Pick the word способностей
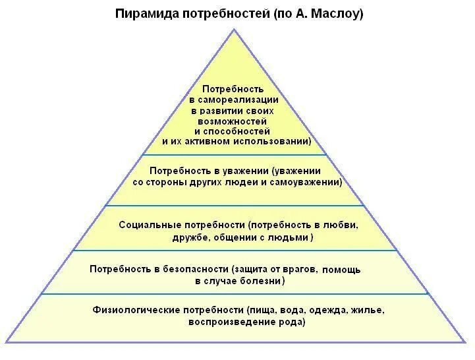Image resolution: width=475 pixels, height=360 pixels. (x=242, y=131)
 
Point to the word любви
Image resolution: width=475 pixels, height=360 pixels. (x=342, y=225)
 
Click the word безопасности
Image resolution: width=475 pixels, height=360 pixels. (x=195, y=269)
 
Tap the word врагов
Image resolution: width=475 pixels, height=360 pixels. (x=302, y=269)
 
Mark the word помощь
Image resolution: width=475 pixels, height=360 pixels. (x=342, y=269)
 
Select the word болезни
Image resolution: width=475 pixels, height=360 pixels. (x=262, y=281)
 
